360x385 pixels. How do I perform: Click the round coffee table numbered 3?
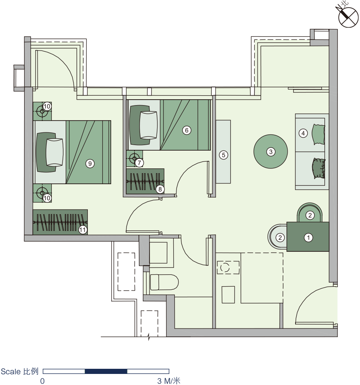click(271, 151)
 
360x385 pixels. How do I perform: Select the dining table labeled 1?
click(308, 237)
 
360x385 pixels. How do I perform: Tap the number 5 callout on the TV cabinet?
click(224, 155)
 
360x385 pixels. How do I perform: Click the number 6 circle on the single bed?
click(186, 130)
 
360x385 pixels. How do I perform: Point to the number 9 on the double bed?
click(90, 164)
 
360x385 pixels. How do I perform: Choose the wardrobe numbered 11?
click(60, 222)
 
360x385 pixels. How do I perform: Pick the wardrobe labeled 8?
click(145, 181)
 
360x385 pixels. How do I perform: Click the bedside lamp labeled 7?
click(134, 158)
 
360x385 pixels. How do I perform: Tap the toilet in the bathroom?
click(164, 282)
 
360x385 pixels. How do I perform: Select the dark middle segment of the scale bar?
click(106, 371)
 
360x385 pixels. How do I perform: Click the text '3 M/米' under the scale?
click(169, 381)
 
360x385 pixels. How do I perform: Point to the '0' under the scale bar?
click(42, 381)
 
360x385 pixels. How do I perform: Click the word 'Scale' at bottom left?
click(11, 372)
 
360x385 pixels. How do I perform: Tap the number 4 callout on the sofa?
click(303, 133)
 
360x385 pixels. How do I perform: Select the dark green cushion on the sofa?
click(319, 168)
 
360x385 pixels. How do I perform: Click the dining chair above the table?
click(310, 212)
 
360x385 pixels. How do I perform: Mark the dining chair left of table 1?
click(277, 237)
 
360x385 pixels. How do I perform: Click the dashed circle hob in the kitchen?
click(225, 267)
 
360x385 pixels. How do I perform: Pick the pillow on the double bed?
click(55, 152)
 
